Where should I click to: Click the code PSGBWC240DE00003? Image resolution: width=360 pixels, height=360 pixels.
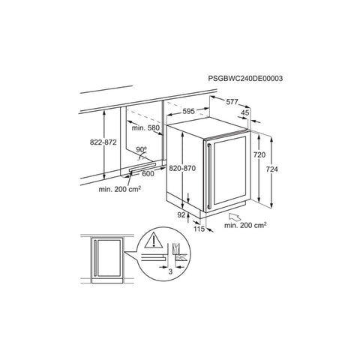click(x=245, y=79)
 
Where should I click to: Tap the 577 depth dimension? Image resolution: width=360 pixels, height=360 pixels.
click(x=232, y=102)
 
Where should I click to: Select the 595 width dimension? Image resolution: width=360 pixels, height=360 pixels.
click(x=188, y=111)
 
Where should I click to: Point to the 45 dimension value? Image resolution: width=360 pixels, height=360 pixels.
click(x=245, y=112)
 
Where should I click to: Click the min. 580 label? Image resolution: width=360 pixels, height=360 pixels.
click(x=145, y=128)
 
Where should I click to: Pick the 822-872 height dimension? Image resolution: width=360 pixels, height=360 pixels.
click(x=103, y=142)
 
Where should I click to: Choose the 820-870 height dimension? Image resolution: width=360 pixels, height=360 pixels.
click(x=182, y=168)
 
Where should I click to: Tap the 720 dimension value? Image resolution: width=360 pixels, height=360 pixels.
click(x=259, y=155)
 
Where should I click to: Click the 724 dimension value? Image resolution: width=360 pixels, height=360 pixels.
click(x=271, y=169)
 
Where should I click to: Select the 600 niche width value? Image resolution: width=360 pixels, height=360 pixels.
click(x=148, y=173)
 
